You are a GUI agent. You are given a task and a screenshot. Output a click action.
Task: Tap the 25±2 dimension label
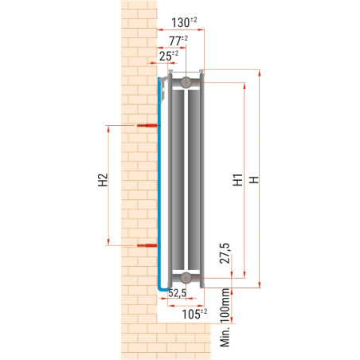[x=166, y=55]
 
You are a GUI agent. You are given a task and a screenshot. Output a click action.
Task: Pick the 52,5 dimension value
[x=177, y=294]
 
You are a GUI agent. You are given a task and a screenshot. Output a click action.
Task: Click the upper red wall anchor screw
[x=146, y=125]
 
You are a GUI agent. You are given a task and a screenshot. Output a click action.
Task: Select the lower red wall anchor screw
[x=146, y=246]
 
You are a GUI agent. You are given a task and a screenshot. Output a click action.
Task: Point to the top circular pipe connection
[x=185, y=81]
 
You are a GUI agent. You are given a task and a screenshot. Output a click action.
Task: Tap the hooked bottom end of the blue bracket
[x=162, y=286]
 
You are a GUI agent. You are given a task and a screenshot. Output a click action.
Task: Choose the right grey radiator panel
[x=195, y=179]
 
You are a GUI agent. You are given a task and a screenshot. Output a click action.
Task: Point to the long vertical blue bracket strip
[x=158, y=183]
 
